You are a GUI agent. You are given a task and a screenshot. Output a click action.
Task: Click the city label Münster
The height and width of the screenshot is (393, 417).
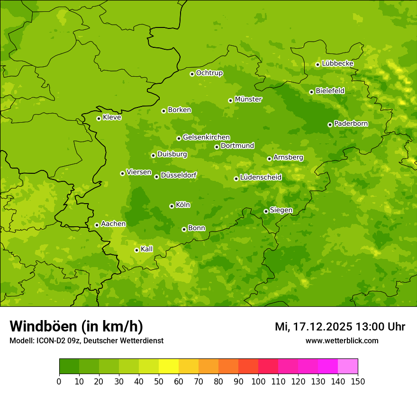248,99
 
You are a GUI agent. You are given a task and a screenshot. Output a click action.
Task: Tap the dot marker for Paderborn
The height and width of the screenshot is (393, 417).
330,125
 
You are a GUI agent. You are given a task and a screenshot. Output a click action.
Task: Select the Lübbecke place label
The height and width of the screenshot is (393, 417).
337,63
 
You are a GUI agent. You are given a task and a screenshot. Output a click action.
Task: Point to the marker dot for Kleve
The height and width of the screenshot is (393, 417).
99,118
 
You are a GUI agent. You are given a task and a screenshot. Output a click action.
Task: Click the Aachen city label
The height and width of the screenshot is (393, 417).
113,224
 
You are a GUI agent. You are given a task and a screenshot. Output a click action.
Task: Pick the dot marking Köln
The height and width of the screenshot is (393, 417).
172,206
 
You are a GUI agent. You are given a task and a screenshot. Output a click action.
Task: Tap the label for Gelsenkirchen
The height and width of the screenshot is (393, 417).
206,137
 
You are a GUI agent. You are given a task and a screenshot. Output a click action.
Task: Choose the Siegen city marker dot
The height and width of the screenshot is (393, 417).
266,211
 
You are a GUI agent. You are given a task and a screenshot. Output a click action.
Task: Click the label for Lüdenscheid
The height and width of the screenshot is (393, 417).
261,178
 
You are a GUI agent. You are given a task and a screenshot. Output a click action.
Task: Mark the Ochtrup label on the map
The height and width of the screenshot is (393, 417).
209,73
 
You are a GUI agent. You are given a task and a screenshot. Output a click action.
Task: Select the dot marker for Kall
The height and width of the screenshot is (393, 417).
136,250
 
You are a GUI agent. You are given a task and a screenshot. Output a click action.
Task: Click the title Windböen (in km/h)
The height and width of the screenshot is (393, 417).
76,326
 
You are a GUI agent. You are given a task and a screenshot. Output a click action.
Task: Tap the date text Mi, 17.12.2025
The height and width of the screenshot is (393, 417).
313,327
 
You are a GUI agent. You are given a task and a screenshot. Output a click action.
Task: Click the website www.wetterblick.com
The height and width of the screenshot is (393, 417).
342,340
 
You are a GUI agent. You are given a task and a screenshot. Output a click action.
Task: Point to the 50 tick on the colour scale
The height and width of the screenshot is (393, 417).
159,382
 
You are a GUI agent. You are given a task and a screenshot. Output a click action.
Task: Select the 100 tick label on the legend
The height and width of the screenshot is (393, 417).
258,382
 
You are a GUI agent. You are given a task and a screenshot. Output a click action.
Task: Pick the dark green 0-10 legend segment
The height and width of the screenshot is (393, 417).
69,366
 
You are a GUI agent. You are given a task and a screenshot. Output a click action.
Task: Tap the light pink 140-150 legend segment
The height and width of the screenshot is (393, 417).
348,366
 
